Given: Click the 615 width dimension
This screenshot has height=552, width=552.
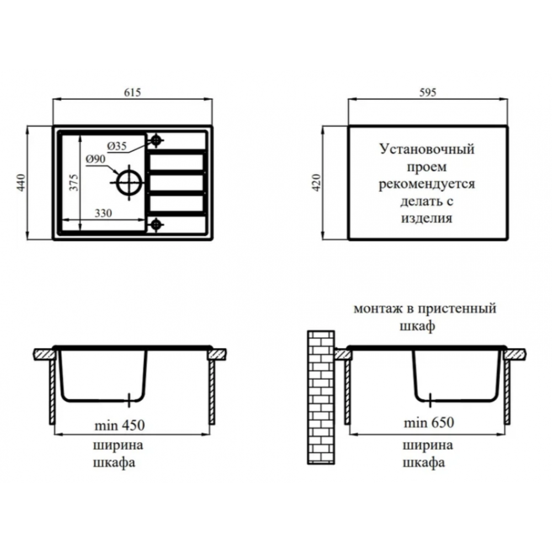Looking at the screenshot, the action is click(x=132, y=92).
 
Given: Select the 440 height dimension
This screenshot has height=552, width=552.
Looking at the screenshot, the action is click(x=22, y=182).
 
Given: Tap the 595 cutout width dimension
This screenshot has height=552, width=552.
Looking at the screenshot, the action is click(x=428, y=92).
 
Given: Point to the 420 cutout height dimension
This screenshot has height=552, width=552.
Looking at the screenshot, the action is click(x=317, y=182).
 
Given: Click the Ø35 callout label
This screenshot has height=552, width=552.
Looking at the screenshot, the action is click(x=117, y=146).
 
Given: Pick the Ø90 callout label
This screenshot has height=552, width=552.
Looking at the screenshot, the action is click(x=95, y=159).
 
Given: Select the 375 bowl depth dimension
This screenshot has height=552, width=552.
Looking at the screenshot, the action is click(x=73, y=182).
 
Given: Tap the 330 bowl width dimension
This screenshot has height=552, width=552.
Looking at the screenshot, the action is click(x=103, y=213).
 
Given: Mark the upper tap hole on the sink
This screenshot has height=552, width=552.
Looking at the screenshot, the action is click(x=156, y=140).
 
